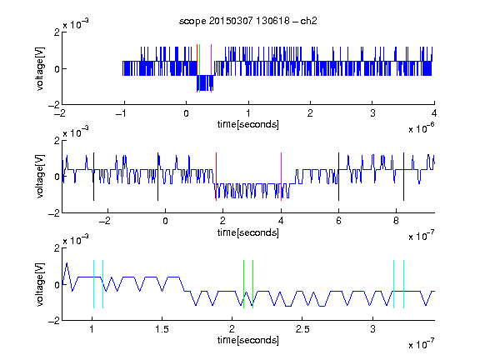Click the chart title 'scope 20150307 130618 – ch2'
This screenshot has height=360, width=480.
(x=248, y=21)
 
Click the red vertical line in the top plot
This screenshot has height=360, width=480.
(x=197, y=68)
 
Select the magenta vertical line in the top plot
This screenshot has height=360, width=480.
(x=211, y=68)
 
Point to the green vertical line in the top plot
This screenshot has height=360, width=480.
(x=200, y=68)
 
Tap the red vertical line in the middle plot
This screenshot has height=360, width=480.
(x=216, y=177)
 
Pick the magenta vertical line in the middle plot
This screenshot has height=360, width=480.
(x=282, y=177)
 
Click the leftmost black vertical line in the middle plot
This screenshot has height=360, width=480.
(x=93, y=177)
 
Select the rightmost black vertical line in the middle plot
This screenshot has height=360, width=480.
(x=404, y=177)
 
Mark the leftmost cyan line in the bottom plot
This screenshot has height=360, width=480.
(x=93, y=284)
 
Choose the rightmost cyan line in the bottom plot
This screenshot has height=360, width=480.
(x=404, y=284)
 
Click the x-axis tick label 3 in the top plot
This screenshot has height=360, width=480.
(x=372, y=113)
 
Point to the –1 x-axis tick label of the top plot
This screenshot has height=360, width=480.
(x=121, y=113)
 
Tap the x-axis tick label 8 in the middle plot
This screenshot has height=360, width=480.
(x=396, y=221)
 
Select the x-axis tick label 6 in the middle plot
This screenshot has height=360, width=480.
(x=338, y=221)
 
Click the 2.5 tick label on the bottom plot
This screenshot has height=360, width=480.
(x=302, y=329)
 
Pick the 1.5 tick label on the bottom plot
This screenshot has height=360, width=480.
(x=162, y=329)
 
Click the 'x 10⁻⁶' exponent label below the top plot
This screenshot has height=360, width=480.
(x=422, y=128)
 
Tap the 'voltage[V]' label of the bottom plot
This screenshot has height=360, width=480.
(x=40, y=284)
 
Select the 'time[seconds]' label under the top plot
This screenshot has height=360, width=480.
(x=248, y=124)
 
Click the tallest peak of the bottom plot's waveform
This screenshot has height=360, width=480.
(x=67, y=263)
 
